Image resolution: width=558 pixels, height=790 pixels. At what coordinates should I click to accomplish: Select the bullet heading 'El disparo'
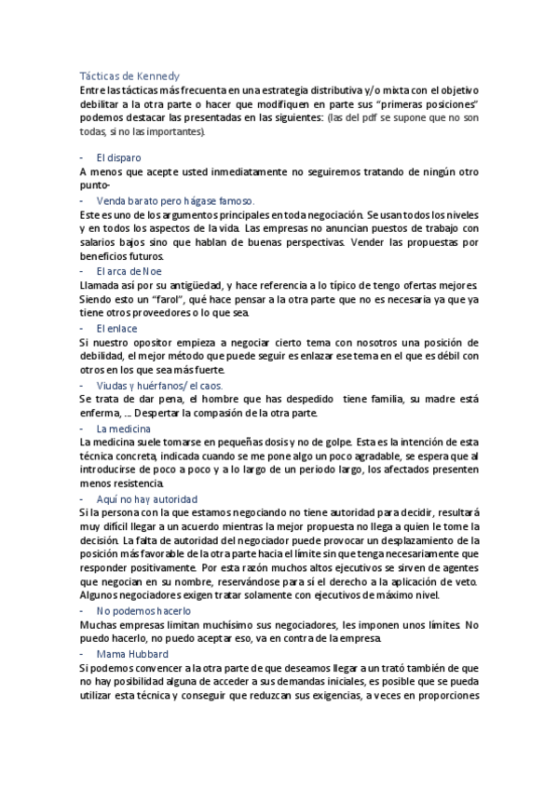click(117, 157)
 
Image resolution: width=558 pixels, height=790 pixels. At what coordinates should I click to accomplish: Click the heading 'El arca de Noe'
click(129, 270)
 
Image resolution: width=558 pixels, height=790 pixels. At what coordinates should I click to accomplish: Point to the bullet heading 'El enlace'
click(116, 328)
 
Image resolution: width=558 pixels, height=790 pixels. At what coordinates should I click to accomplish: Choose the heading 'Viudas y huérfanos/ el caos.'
click(159, 385)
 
